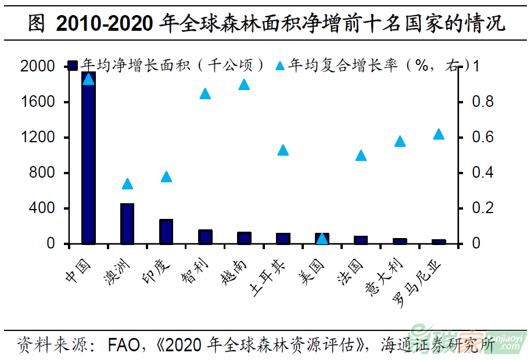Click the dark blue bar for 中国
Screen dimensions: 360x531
point(88,160)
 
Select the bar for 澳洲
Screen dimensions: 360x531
point(127,224)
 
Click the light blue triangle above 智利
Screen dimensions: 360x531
point(205,93)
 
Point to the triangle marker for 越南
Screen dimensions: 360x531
point(244,85)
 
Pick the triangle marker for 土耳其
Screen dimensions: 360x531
point(283,150)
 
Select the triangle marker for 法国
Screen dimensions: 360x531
point(361,155)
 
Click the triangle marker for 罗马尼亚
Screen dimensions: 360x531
point(439,134)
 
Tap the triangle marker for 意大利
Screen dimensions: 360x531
point(400,141)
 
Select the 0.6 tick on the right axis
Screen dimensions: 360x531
point(483,138)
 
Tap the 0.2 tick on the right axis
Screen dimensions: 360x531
point(483,208)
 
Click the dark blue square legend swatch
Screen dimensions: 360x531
point(73,66)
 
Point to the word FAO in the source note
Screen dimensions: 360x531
point(123,345)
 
